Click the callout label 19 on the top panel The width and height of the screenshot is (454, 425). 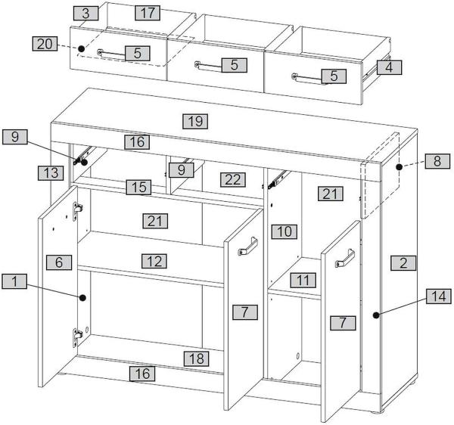click(x=195, y=120)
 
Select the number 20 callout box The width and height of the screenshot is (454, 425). click(x=45, y=44)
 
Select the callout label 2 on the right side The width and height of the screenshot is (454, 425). click(x=403, y=263)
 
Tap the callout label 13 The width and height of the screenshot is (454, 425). click(x=50, y=173)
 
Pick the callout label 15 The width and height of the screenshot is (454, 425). click(x=137, y=186)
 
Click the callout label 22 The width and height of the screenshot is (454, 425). click(x=232, y=179)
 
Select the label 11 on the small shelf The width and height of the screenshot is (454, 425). click(x=302, y=280)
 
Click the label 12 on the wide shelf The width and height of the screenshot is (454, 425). click(x=154, y=261)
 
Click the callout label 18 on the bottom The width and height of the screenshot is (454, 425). click(x=195, y=358)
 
